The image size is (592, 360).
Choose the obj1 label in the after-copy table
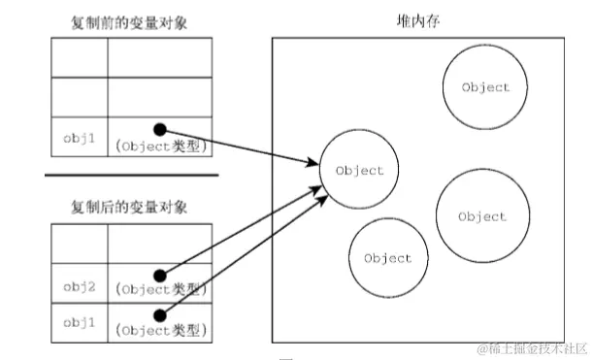click(x=78, y=319)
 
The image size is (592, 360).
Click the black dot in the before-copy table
click(x=159, y=127)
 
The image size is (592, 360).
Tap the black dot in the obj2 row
click(x=159, y=276)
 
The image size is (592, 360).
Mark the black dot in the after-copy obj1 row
click(x=159, y=312)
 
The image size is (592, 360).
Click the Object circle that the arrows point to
click(x=358, y=171)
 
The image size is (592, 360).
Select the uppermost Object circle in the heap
click(x=484, y=87)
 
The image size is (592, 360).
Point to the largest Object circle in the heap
click(x=482, y=216)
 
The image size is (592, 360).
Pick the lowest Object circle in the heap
click(x=387, y=258)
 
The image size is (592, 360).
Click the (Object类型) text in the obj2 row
click(x=160, y=289)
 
